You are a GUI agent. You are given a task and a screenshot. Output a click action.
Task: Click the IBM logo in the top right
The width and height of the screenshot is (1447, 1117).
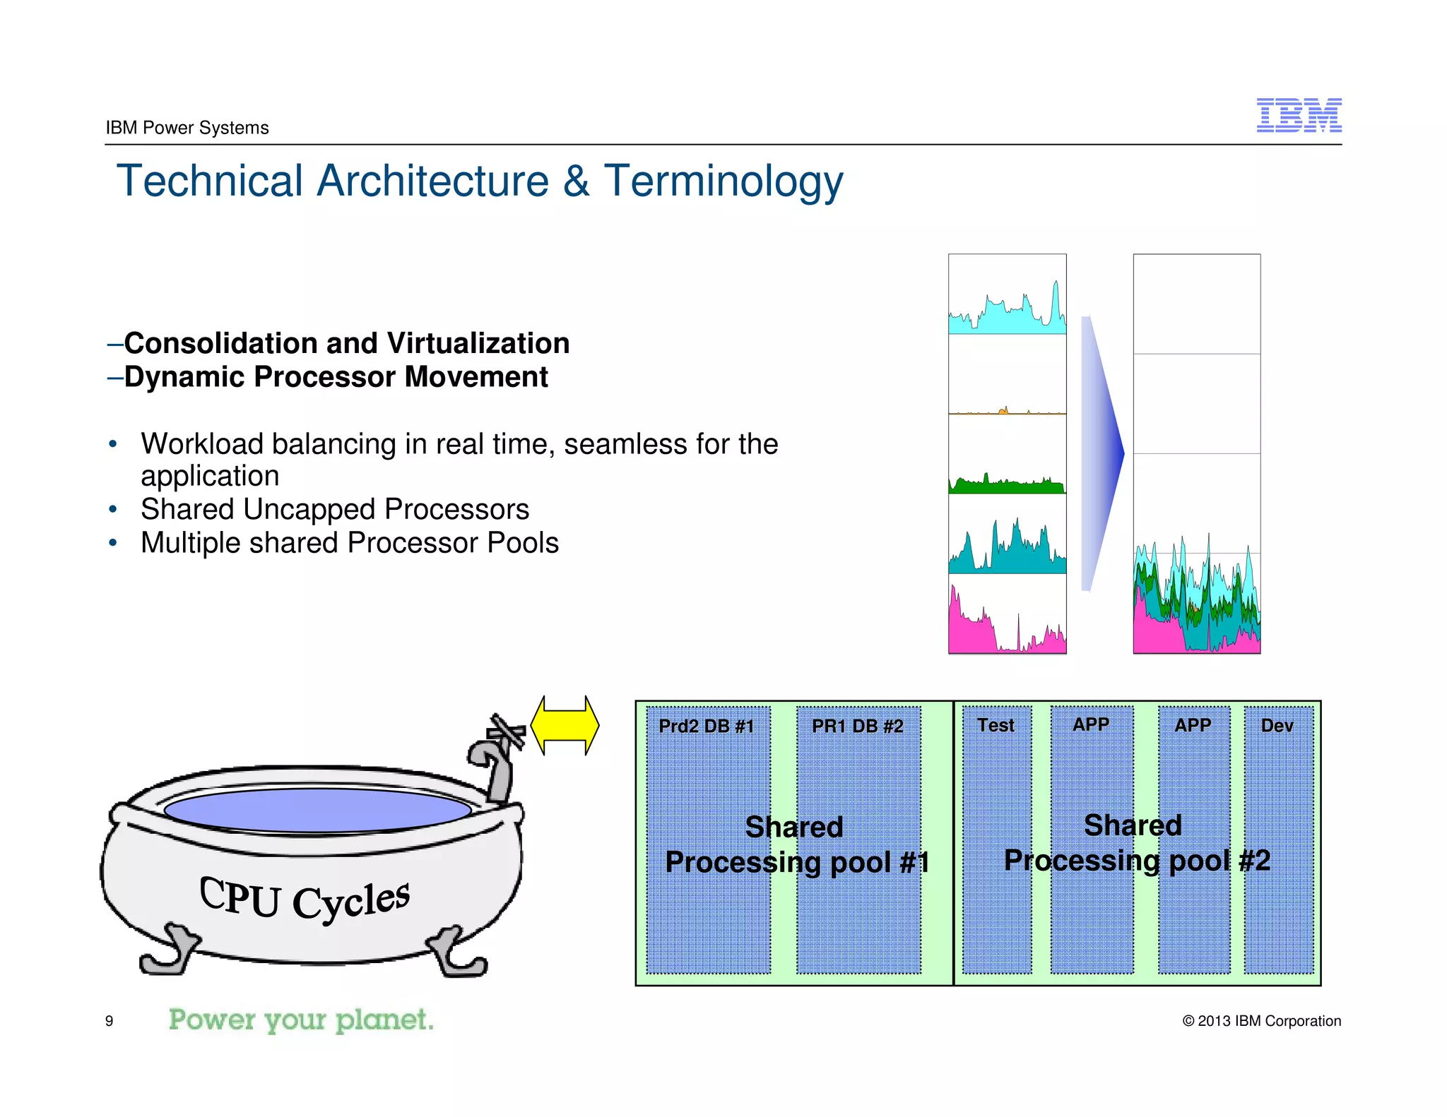point(1299,115)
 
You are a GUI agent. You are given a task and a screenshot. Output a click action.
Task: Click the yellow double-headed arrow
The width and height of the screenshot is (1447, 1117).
point(565,726)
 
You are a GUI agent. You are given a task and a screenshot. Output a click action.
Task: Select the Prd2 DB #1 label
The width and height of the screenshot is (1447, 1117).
point(706,726)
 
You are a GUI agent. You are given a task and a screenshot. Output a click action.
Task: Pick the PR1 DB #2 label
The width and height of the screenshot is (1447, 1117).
point(857,726)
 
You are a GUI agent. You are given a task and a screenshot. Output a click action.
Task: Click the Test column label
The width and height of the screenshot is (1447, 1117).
point(996,725)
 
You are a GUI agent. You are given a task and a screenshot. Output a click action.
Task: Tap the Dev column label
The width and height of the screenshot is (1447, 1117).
point(1277,725)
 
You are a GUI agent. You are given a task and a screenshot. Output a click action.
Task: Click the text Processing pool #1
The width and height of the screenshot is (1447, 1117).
point(797,862)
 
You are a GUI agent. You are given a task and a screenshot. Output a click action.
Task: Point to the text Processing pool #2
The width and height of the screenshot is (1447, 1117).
point(1137,860)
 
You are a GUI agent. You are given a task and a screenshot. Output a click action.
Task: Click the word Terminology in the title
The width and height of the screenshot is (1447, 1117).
point(723,181)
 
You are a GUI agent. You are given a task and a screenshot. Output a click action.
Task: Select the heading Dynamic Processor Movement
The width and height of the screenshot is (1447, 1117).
point(336,376)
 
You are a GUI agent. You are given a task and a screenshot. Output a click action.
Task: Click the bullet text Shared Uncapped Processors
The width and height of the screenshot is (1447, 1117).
point(335,509)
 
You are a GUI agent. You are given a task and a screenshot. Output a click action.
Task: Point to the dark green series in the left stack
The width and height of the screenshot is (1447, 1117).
point(1007,486)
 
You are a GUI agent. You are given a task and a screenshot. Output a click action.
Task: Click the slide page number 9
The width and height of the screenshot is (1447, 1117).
point(109,1021)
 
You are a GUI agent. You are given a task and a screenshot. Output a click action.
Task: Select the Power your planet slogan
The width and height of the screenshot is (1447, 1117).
point(301,1020)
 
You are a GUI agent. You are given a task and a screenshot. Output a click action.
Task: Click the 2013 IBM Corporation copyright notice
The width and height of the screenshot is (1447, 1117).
point(1261,1021)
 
